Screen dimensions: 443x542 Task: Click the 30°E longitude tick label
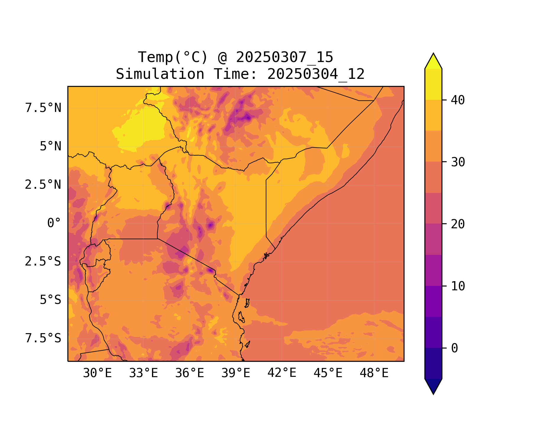point(97,373)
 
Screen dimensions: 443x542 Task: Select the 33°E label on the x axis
point(143,373)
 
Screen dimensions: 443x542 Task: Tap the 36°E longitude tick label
point(190,373)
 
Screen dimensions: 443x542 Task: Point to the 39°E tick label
point(236,373)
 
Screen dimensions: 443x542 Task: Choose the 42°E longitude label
point(282,373)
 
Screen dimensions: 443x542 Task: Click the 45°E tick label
point(328,373)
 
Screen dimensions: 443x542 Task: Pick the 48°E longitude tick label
point(374,373)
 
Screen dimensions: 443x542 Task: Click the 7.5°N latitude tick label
point(43,108)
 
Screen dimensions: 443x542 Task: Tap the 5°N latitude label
point(51,146)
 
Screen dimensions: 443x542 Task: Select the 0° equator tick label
point(54,223)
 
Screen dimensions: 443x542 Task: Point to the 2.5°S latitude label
point(43,261)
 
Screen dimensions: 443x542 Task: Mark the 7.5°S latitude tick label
point(43,338)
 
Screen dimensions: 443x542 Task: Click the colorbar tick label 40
point(458,100)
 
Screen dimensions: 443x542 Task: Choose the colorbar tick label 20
point(458,224)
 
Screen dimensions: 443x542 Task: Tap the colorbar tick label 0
point(454,348)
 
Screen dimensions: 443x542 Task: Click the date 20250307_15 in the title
point(284,57)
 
